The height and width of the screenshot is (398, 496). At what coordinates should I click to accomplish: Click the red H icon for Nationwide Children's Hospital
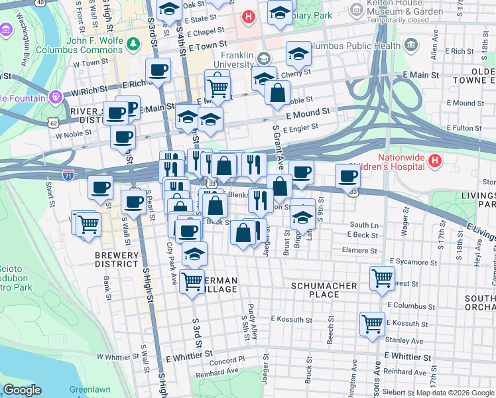point(434,161)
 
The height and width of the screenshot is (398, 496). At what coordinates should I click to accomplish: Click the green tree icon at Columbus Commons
point(134,44)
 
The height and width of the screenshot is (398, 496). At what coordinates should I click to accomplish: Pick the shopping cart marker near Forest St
point(382,279)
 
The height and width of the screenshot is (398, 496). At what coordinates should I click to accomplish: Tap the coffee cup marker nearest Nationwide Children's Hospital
point(348,176)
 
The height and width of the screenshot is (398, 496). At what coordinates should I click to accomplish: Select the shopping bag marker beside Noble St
point(277,92)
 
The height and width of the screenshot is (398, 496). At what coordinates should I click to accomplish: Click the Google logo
point(22,390)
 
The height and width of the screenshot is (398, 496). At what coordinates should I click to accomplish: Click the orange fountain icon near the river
point(54,97)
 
